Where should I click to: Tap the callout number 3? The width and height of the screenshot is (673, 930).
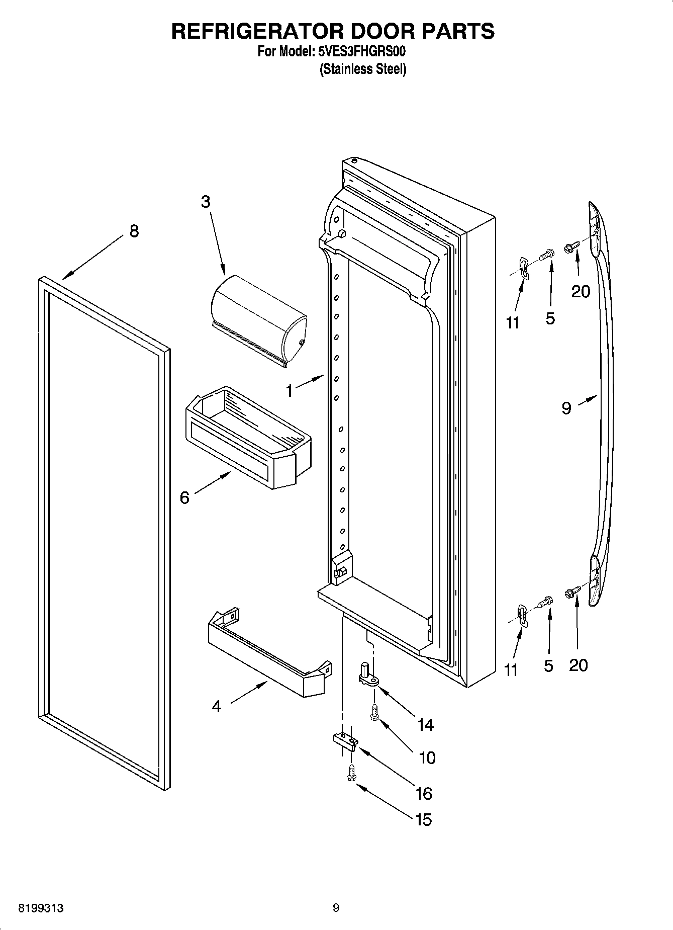pyautogui.click(x=206, y=202)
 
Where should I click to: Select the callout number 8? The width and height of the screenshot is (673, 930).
pyautogui.click(x=134, y=231)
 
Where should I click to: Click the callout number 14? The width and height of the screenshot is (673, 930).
pyautogui.click(x=425, y=725)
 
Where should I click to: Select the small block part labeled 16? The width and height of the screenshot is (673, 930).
pyautogui.click(x=345, y=740)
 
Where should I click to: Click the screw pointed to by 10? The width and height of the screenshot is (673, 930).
pyautogui.click(x=374, y=712)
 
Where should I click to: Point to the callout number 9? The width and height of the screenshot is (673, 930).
pyautogui.click(x=566, y=408)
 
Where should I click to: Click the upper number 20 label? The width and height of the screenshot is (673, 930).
pyautogui.click(x=581, y=291)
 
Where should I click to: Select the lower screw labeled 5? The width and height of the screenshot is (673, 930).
pyautogui.click(x=546, y=601)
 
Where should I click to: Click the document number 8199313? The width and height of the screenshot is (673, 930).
pyautogui.click(x=41, y=908)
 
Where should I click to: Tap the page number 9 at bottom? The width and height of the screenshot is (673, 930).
pyautogui.click(x=336, y=908)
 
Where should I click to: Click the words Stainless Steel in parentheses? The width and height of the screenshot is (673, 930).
pyautogui.click(x=363, y=69)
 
